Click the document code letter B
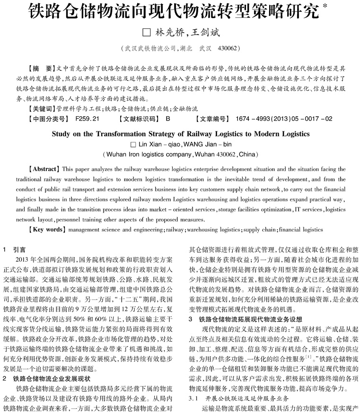tap(168, 119)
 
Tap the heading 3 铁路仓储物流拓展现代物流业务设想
tap(241, 306)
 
